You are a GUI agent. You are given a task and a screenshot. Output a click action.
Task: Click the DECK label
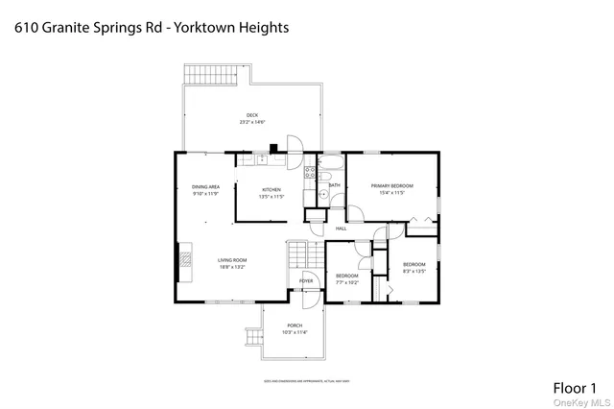pyautogui.click(x=252, y=115)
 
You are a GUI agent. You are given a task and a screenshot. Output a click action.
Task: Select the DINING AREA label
pyautogui.click(x=205, y=186)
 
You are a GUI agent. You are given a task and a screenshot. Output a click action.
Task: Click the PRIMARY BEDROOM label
pyautogui.click(x=392, y=184)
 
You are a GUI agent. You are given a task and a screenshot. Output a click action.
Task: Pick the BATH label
pyautogui.click(x=334, y=184)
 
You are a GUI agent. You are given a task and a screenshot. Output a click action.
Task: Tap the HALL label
pyautogui.click(x=341, y=229)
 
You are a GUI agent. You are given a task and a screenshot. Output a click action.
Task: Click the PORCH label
pyautogui.click(x=295, y=325)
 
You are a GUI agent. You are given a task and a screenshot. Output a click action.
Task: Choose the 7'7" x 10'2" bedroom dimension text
pyautogui.click(x=346, y=282)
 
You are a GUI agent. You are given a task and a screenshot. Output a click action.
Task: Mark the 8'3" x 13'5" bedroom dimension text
pyautogui.click(x=413, y=271)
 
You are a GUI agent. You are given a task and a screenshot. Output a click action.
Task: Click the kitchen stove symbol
pyautogui.click(x=310, y=175)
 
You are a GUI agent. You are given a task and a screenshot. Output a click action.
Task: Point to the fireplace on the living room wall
pyautogui.click(x=178, y=258)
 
